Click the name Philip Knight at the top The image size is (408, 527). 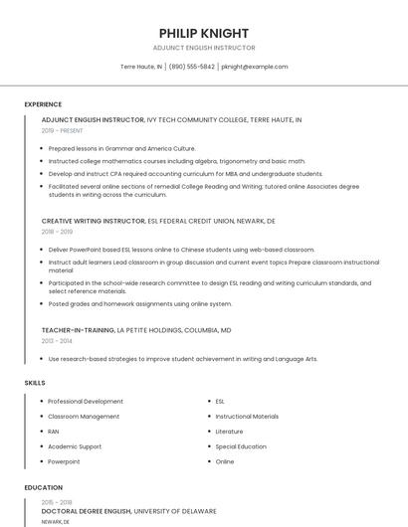(x=203, y=33)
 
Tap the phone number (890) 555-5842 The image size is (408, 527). (x=192, y=67)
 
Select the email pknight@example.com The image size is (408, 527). (x=255, y=67)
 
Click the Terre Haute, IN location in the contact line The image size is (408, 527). (x=141, y=67)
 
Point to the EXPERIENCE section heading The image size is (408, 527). (x=43, y=104)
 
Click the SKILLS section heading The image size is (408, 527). (x=35, y=383)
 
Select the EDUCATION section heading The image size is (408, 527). (x=43, y=488)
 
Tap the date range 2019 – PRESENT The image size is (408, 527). (x=64, y=130)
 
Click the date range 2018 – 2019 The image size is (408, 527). (x=57, y=231)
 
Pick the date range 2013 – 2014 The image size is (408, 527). (x=57, y=340)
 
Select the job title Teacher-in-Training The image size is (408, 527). (x=78, y=329)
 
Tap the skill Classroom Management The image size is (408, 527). (x=84, y=417)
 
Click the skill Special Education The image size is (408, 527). (x=241, y=446)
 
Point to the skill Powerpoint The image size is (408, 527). (x=64, y=461)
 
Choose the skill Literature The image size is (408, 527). (x=229, y=432)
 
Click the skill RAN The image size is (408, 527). (x=54, y=432)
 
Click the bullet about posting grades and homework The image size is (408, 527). (x=139, y=304)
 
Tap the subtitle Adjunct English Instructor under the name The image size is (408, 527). (x=203, y=48)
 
